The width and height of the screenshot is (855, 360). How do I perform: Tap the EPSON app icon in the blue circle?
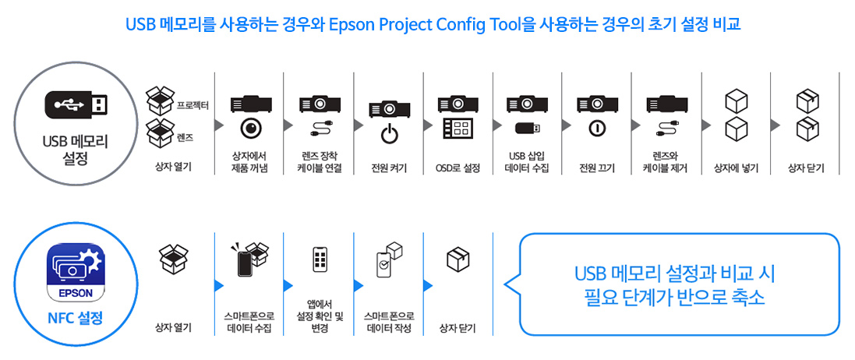(x=76, y=272)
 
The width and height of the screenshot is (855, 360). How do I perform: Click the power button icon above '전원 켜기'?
(x=389, y=135)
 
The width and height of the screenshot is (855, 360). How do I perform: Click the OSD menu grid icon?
(x=458, y=129)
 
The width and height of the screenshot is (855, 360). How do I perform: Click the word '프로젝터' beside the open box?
(x=192, y=104)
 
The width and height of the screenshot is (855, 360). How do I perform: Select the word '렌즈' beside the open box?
(x=185, y=136)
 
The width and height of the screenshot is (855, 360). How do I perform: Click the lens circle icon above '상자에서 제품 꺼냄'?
(x=250, y=128)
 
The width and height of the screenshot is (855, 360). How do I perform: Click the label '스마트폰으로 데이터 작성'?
(x=389, y=323)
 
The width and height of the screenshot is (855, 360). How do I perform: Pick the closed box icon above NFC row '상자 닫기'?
(x=458, y=259)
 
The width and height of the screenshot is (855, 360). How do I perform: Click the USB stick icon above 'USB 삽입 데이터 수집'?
(x=527, y=128)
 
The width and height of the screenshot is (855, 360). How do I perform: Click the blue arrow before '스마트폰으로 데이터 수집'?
(x=219, y=285)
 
